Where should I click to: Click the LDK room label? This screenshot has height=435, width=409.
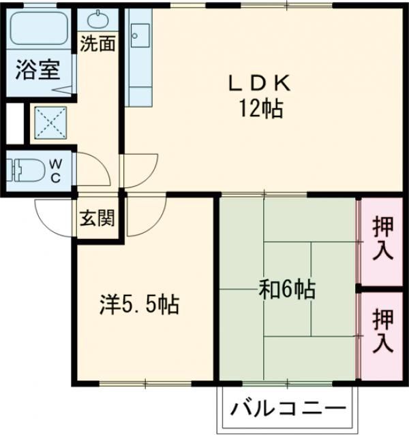(260, 84)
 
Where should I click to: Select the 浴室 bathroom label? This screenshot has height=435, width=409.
(39, 70)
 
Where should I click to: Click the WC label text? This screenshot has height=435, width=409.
(56, 170)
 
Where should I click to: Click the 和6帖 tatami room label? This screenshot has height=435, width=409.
(286, 290)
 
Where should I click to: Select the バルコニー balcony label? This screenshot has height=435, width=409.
(287, 410)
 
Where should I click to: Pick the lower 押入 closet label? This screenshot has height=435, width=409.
(382, 329)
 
